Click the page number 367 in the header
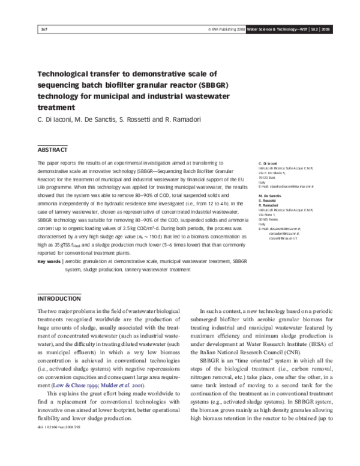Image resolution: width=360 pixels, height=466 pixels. point(44,29)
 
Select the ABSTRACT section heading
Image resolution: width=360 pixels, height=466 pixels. point(52,150)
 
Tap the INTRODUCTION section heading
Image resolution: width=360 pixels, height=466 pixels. point(59,298)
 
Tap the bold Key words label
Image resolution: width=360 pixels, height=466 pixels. point(49,262)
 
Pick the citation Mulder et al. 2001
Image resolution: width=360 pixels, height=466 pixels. point(109,383)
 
